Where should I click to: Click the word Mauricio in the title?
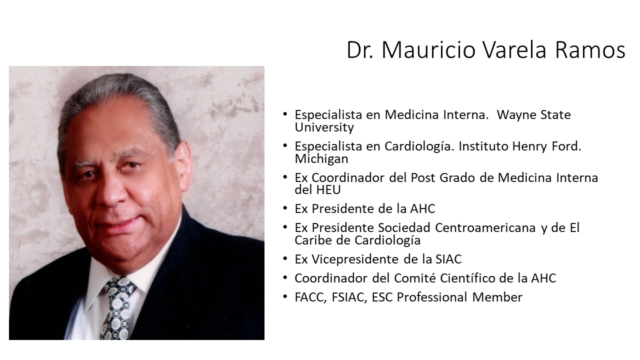428,49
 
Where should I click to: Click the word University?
324,127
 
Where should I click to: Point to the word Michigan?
321,159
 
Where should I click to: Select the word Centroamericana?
485,227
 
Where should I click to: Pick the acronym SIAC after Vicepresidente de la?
448,259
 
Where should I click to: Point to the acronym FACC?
310,297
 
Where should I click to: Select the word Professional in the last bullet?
432,297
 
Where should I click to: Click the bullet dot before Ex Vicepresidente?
285,258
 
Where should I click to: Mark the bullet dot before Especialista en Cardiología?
285,145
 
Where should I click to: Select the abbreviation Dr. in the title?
360,50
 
